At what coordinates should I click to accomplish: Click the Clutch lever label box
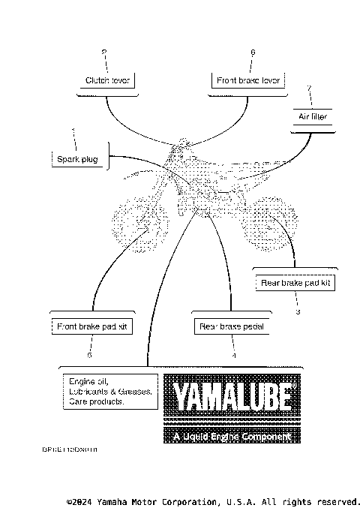click(106, 80)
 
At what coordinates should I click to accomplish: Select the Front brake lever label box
click(247, 80)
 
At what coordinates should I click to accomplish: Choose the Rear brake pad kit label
click(295, 283)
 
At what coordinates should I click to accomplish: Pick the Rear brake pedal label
click(232, 326)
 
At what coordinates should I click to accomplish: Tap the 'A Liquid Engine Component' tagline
click(230, 437)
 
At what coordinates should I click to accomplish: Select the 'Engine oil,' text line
click(85, 381)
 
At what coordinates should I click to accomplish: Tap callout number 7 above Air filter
click(309, 89)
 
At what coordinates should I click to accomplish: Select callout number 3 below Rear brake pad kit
click(298, 311)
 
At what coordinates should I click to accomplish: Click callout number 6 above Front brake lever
click(252, 52)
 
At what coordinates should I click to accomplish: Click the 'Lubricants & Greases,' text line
click(109, 392)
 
